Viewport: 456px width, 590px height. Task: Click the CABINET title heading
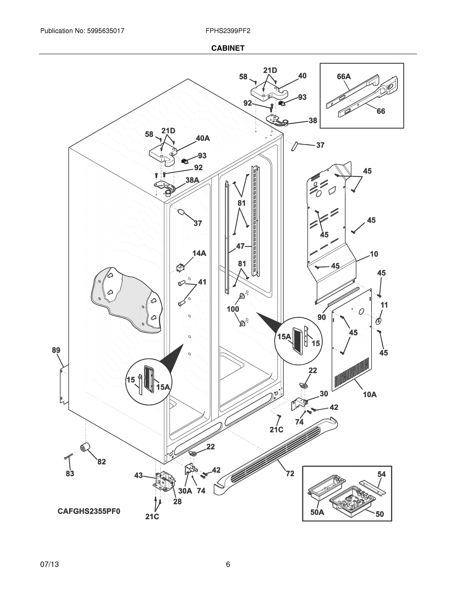(x=228, y=48)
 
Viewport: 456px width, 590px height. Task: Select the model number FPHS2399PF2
(x=228, y=31)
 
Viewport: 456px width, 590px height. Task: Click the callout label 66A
(x=344, y=77)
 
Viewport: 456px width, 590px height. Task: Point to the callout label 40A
(x=203, y=138)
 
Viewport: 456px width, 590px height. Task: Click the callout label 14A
(x=199, y=253)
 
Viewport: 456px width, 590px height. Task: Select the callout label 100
(x=233, y=309)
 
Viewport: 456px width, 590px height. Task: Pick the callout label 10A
(x=369, y=395)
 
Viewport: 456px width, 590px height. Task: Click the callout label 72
(x=290, y=473)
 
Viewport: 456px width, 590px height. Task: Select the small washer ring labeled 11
(x=379, y=321)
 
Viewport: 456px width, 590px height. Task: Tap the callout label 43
(x=138, y=475)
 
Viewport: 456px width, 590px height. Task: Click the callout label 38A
(x=192, y=180)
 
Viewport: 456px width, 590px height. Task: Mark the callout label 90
(x=322, y=317)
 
